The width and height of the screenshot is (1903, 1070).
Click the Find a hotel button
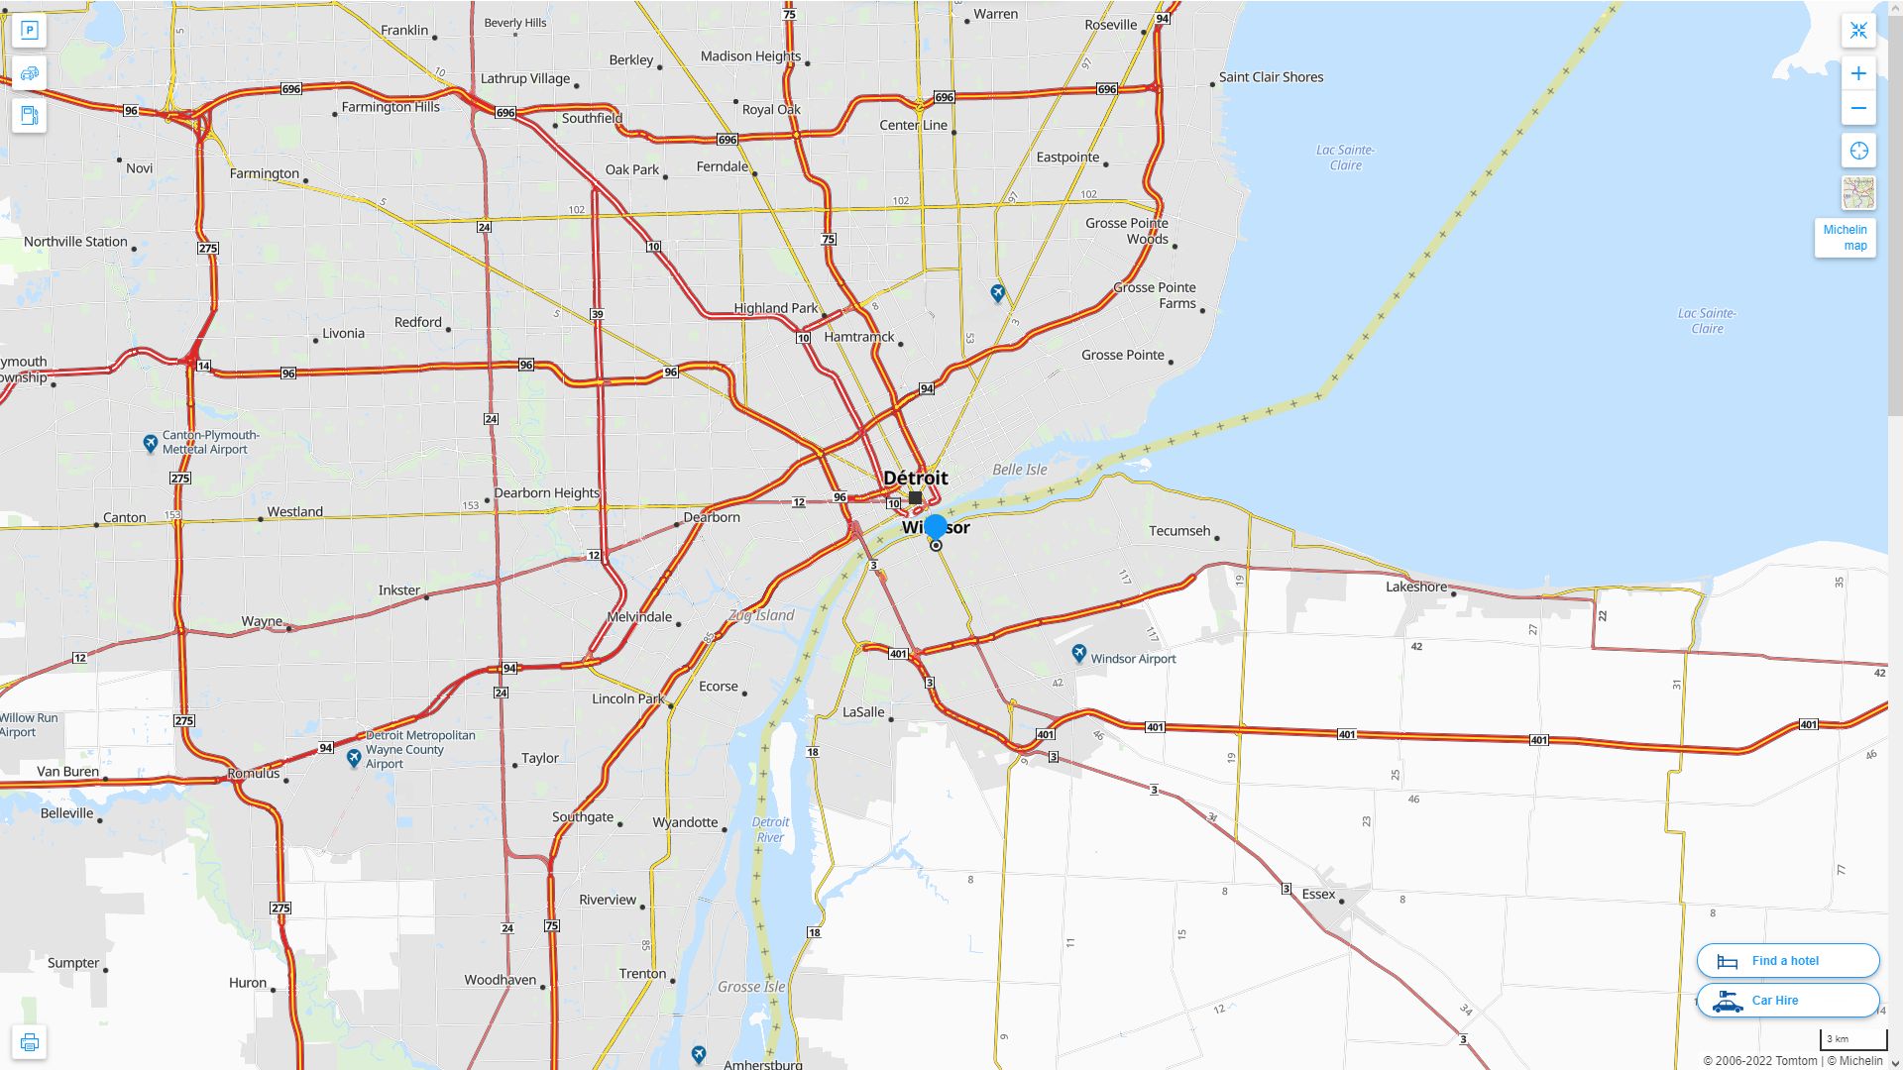click(1787, 960)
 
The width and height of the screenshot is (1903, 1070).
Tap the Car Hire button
click(1787, 1000)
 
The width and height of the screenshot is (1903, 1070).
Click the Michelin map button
click(1845, 238)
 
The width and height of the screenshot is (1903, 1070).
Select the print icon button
click(30, 1042)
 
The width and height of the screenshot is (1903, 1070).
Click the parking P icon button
click(30, 31)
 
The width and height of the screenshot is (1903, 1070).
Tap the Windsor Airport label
click(1133, 659)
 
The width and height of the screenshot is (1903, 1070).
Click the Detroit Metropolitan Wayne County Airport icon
click(354, 758)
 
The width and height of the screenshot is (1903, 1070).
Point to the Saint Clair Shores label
click(1271, 77)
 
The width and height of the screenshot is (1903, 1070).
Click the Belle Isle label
click(1019, 470)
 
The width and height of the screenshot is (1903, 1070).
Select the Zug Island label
click(761, 615)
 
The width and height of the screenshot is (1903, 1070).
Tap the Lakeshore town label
click(1416, 587)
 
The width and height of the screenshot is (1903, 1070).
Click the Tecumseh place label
click(1179, 531)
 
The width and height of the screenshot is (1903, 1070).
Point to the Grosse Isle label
click(751, 987)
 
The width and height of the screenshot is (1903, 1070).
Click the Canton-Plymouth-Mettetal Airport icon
click(150, 443)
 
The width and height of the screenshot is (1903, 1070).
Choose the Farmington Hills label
click(391, 107)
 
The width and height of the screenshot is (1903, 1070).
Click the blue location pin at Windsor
click(936, 527)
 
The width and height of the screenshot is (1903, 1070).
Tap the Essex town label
click(1318, 894)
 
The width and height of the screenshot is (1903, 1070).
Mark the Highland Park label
click(776, 308)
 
